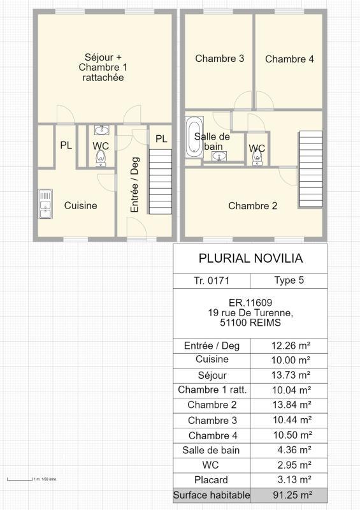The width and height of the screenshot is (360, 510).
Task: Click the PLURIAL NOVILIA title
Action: point(250,258)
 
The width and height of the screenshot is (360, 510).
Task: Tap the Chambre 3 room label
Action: point(219,59)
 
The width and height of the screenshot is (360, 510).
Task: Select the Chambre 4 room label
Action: point(289,59)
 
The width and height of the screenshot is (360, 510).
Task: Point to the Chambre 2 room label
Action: point(252,206)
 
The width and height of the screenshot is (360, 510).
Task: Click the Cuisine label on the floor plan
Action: point(81,205)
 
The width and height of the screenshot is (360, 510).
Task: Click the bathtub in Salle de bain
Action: point(194,136)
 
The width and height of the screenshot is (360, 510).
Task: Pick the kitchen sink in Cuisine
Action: point(45,204)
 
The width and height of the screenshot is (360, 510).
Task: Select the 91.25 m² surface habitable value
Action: point(289,495)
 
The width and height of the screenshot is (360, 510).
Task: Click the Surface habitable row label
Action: point(212,495)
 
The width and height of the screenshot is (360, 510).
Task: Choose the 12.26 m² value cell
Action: point(289,346)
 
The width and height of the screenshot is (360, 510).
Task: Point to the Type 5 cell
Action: point(289,280)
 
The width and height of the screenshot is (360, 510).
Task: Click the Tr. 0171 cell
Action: point(212,280)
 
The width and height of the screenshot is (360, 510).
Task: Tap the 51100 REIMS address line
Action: point(250,323)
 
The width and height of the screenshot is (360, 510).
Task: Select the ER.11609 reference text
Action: point(250,303)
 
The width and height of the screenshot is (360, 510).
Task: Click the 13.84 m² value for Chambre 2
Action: point(289,405)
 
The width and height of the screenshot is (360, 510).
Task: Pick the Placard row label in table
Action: point(212,479)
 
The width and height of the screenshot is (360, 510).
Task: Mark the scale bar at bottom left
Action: point(19,479)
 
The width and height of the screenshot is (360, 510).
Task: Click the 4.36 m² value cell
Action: point(289,450)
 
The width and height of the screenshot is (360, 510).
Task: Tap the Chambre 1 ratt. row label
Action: point(212,390)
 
